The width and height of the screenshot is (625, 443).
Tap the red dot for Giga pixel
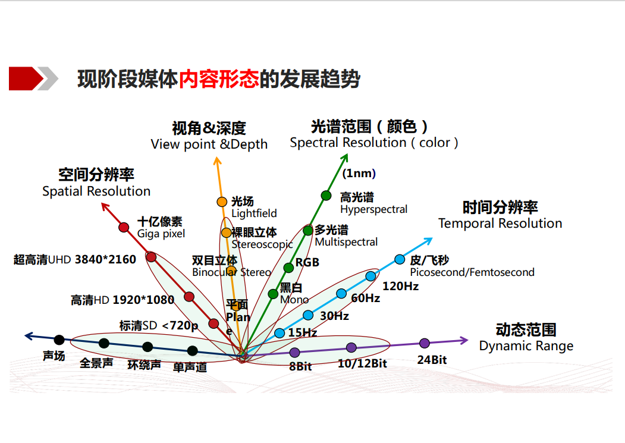(124, 227)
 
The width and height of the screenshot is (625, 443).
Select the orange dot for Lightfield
(222, 202)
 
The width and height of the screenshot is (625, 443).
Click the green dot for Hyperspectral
(326, 195)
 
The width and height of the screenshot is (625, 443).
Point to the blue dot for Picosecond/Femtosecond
(400, 259)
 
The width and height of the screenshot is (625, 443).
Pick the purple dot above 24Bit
(425, 343)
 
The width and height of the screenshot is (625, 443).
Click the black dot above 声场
(59, 340)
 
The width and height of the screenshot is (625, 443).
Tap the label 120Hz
(400, 286)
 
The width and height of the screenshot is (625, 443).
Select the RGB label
(307, 262)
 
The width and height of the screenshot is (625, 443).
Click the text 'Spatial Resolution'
(96, 191)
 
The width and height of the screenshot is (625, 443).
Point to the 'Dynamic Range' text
(526, 346)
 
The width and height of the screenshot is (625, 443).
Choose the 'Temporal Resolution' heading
(500, 224)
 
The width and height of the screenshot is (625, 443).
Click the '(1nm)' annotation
(359, 174)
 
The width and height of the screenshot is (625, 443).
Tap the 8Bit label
(300, 367)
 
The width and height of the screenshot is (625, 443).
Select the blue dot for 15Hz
(279, 333)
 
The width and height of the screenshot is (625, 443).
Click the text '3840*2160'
(105, 259)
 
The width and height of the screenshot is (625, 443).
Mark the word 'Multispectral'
(346, 242)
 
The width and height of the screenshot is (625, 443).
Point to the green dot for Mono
(273, 294)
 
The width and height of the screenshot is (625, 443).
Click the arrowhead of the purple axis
(464, 340)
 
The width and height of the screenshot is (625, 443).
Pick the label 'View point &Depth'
(209, 144)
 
